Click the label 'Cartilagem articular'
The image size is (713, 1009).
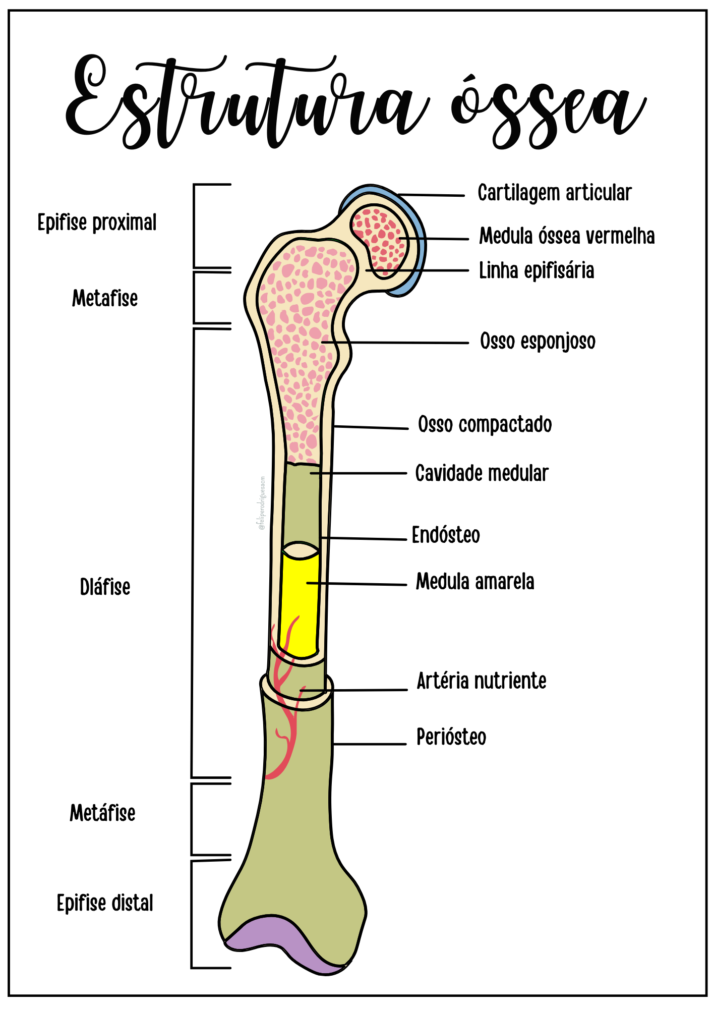pyautogui.click(x=554, y=193)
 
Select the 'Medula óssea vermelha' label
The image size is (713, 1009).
pyautogui.click(x=566, y=236)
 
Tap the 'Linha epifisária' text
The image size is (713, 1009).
pyautogui.click(x=536, y=271)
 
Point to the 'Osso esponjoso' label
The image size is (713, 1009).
pyautogui.click(x=538, y=342)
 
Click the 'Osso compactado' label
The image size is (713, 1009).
pyautogui.click(x=485, y=425)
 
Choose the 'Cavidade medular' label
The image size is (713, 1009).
pyautogui.click(x=482, y=474)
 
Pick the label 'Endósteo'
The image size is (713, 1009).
pyautogui.click(x=446, y=535)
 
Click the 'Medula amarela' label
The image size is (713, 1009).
pyautogui.click(x=474, y=582)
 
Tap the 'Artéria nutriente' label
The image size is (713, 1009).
pyautogui.click(x=481, y=681)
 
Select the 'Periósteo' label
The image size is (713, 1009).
pyautogui.click(x=451, y=737)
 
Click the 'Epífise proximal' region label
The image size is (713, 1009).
pyautogui.click(x=97, y=223)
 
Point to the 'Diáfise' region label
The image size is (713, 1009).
pyautogui.click(x=105, y=587)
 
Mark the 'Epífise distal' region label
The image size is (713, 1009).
pyautogui.click(x=105, y=903)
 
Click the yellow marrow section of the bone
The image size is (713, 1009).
pyautogui.click(x=299, y=605)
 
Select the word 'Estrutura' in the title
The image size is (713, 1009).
pyautogui.click(x=247, y=103)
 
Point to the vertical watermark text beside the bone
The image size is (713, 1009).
pyautogui.click(x=262, y=503)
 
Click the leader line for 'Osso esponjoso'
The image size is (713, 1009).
pyautogui.click(x=403, y=343)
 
